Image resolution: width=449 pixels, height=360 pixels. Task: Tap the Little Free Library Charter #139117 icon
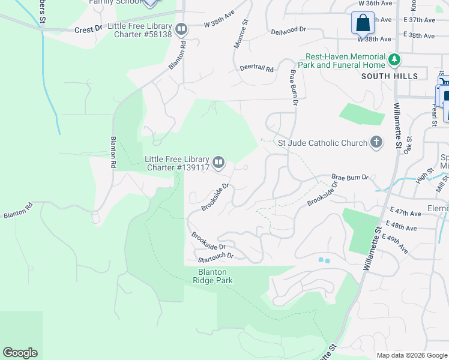[219, 161]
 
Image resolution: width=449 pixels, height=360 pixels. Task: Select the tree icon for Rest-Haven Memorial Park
[394, 59]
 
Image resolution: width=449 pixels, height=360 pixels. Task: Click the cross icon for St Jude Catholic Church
[376, 143]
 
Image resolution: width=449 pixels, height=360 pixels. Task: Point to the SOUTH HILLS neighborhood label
[390, 76]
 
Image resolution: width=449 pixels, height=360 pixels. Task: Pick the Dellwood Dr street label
[288, 31]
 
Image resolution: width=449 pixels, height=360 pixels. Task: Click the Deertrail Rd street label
[256, 68]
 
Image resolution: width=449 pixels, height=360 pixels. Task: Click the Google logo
[20, 353]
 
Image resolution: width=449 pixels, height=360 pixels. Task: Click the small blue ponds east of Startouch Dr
[324, 260]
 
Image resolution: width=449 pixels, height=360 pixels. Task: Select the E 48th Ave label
[403, 228]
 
